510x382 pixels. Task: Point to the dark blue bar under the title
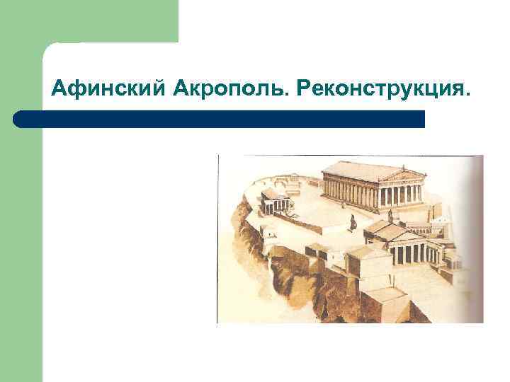[220, 119]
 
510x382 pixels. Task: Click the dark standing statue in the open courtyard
[352, 223]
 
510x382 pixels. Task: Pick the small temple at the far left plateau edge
[274, 199]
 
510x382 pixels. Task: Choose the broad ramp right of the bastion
[432, 283]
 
